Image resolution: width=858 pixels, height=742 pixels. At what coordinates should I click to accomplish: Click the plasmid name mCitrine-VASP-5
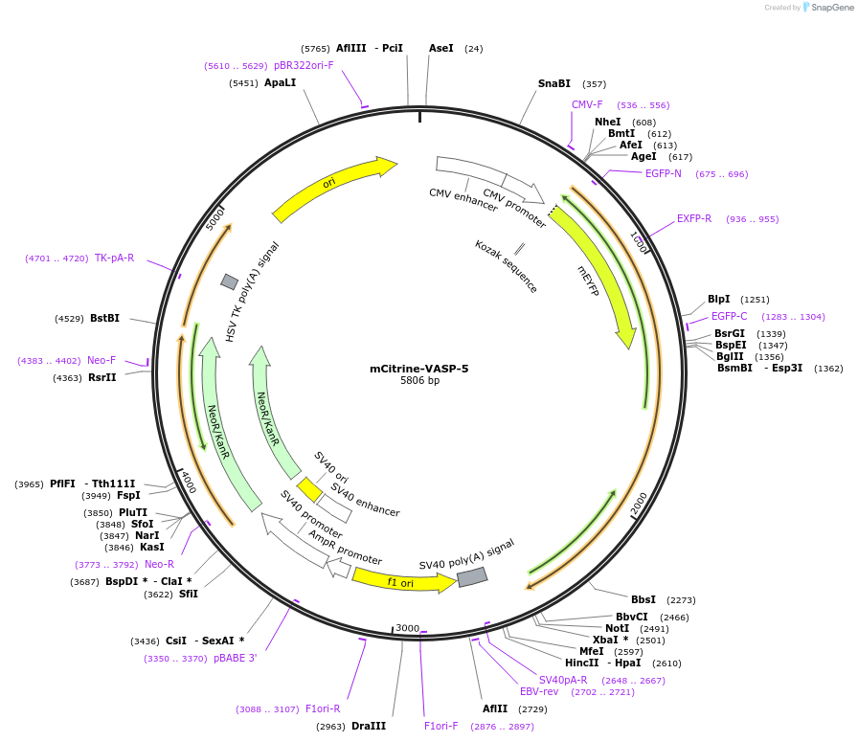click(419, 368)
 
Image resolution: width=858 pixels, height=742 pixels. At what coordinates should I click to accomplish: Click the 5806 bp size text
click(419, 381)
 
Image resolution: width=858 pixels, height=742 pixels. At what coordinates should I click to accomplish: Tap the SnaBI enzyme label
click(553, 84)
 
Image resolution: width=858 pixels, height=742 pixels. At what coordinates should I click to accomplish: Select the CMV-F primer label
click(587, 105)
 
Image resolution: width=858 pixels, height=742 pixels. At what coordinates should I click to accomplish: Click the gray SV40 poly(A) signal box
click(472, 577)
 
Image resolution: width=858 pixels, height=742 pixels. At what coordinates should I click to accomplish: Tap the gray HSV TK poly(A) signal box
click(230, 281)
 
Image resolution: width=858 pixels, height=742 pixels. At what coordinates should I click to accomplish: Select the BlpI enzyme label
click(718, 300)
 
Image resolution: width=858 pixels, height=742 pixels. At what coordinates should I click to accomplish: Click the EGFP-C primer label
click(729, 317)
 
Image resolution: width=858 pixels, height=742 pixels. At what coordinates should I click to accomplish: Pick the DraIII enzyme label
click(369, 727)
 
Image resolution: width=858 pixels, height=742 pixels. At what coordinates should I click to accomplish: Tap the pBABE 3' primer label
click(235, 659)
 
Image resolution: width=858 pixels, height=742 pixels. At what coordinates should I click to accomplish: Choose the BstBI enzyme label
click(104, 319)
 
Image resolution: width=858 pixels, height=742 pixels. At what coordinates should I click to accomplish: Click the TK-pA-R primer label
click(114, 259)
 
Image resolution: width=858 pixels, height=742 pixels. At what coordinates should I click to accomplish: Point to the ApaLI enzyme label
click(280, 83)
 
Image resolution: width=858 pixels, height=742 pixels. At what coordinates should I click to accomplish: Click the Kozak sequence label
click(506, 266)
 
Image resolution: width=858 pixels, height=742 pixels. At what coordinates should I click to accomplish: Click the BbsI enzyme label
click(643, 600)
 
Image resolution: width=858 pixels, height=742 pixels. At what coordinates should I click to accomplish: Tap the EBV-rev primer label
click(538, 692)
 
